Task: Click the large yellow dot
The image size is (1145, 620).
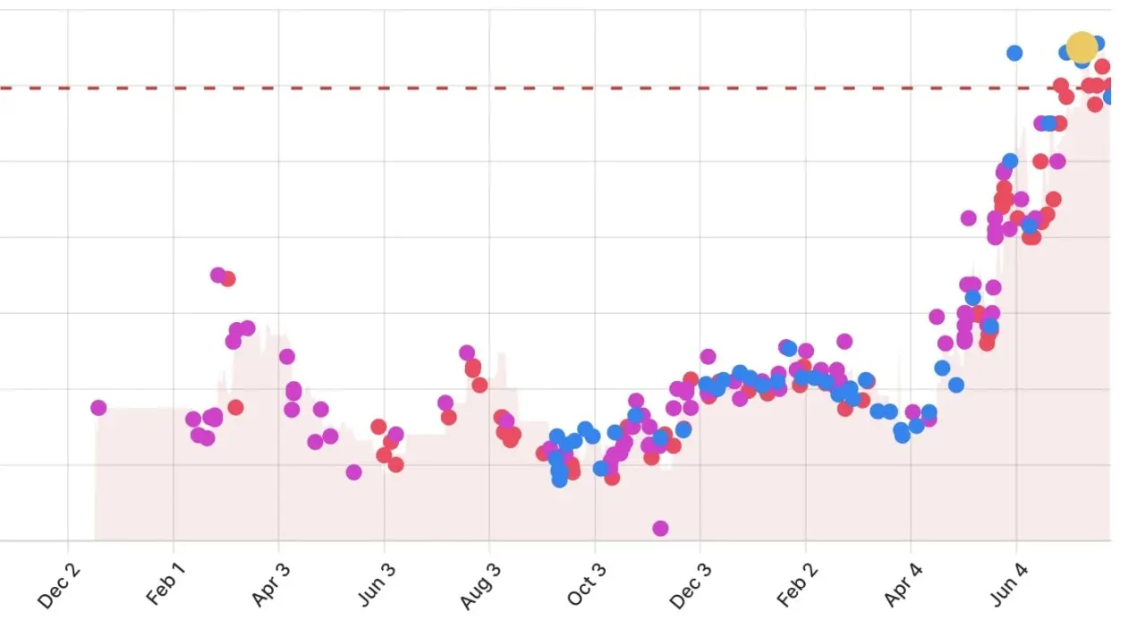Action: pos(1081,47)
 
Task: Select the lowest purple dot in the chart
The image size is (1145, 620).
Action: pos(660,528)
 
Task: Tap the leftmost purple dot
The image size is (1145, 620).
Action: pos(98,408)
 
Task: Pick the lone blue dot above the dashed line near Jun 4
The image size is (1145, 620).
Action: pos(1014,53)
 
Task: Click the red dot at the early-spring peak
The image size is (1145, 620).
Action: pos(228,278)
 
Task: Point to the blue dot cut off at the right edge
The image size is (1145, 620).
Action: pos(1108,97)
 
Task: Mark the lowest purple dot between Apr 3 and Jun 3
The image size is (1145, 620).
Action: pos(354,471)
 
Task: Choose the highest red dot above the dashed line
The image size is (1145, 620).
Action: pos(1102,66)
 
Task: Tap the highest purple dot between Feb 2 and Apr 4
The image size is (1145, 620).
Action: pos(844,341)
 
